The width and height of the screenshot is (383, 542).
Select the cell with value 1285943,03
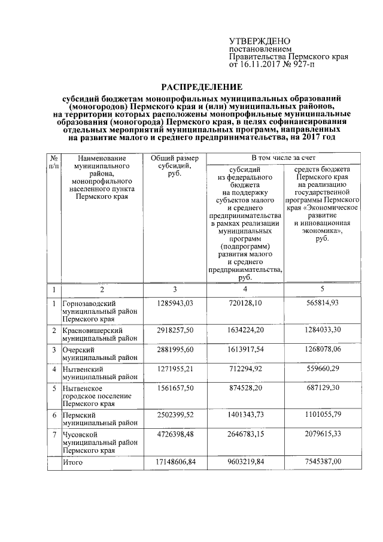click(x=176, y=304)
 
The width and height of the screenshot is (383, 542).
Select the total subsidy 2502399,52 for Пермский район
click(x=176, y=414)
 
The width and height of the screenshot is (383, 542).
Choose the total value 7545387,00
click(x=322, y=462)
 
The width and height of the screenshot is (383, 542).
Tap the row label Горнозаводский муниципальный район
click(x=96, y=311)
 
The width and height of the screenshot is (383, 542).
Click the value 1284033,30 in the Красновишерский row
click(x=322, y=330)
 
